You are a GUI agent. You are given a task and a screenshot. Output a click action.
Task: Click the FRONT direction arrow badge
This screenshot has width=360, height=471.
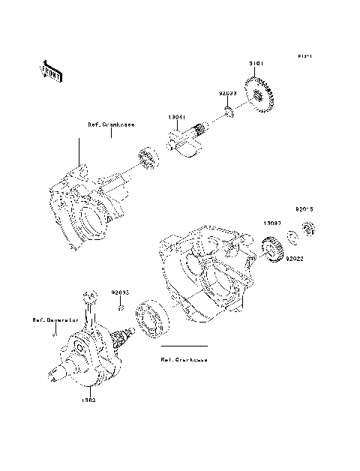(49, 70)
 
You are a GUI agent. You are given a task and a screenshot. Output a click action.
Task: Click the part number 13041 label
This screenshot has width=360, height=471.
(177, 118)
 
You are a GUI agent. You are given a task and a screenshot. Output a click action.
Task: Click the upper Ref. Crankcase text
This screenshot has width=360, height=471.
(111, 125)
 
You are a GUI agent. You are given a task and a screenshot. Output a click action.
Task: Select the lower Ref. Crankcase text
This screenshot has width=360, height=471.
(184, 359)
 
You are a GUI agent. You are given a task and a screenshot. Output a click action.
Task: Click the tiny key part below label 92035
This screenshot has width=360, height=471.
(120, 308)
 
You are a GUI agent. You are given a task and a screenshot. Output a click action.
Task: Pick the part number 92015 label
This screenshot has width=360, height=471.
(304, 211)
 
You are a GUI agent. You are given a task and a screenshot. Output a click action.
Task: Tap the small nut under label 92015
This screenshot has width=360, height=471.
(306, 229)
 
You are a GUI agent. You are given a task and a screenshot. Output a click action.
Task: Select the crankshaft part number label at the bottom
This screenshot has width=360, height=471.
(89, 400)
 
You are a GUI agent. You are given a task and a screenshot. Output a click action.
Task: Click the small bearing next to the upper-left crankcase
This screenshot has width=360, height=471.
(146, 162)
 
